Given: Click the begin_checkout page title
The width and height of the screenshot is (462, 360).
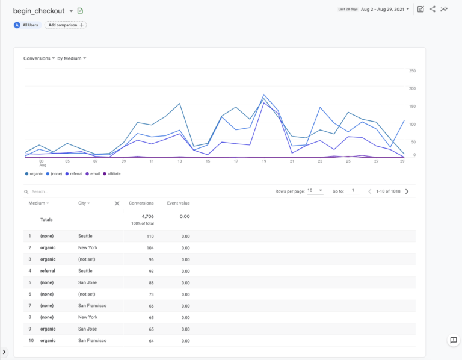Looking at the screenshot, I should [38, 11].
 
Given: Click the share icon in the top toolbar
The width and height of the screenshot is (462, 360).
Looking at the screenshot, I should [432, 9].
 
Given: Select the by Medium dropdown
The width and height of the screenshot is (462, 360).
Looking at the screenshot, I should [72, 58].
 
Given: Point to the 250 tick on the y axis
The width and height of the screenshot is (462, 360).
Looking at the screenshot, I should [412, 71].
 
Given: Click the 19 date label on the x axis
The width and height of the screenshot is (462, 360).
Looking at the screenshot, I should [264, 161].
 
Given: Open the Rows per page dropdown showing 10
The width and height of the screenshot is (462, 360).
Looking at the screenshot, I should [315, 191].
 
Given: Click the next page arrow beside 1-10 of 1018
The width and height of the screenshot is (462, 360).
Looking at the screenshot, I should [407, 191].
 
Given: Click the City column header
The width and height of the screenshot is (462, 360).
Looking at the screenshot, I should [84, 203].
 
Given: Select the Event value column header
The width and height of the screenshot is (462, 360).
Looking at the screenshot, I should [178, 203].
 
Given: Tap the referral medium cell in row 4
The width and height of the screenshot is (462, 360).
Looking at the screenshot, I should [48, 271].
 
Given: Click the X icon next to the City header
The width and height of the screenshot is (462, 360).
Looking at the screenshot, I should [117, 203].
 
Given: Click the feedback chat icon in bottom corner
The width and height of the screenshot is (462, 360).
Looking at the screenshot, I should [453, 340].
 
